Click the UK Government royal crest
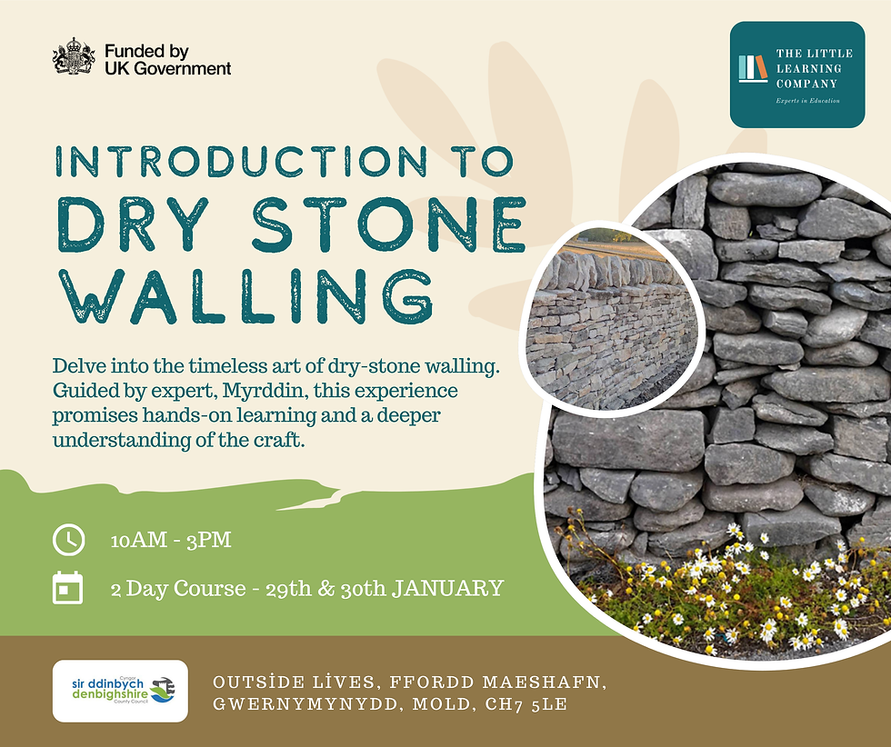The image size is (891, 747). (74, 56)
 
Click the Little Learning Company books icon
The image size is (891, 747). (753, 69)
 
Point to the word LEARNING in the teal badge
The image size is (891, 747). (809, 69)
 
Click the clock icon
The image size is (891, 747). (68, 540)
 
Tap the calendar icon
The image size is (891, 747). (68, 588)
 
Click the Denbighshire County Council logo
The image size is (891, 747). (120, 691)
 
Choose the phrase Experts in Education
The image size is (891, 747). (807, 101)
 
